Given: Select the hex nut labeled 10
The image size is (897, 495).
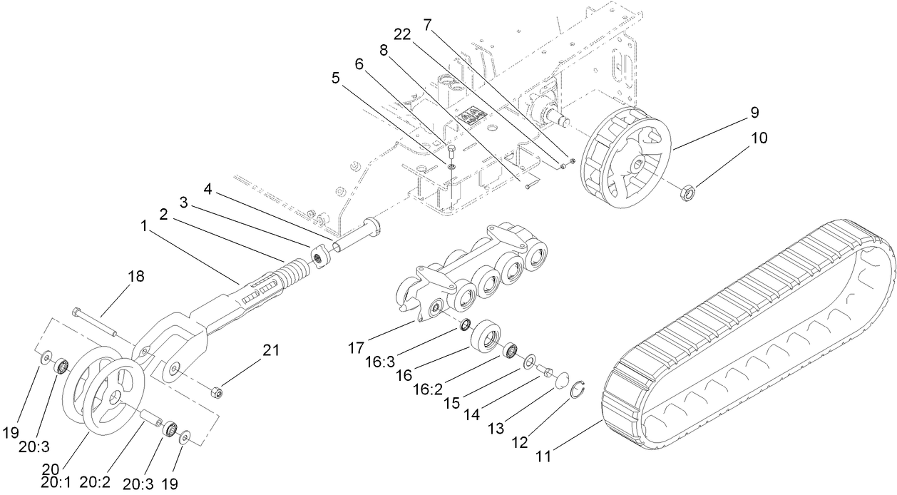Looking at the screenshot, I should click(x=688, y=190).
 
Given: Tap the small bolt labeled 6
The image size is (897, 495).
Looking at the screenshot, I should click(x=451, y=150).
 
